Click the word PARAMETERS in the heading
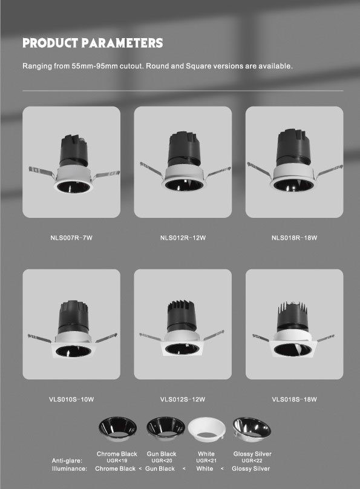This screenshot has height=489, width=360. tap(122, 43)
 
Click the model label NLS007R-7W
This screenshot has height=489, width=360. tap(71, 238)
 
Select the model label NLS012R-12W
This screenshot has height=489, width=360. tap(183, 238)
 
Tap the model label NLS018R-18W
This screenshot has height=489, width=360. tap(294, 238)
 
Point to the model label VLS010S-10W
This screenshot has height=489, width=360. tap(71, 399)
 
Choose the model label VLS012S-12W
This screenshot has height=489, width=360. tap(183, 399)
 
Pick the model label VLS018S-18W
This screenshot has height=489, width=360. tap(294, 399)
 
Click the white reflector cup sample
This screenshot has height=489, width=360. tap(207, 430)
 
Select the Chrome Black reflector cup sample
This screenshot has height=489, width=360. tap(117, 429)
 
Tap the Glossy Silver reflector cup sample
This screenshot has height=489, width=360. tap(252, 429)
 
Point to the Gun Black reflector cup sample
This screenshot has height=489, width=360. tap(166, 429)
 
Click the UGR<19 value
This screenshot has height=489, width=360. tap(117, 461)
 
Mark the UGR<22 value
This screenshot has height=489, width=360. tap(252, 461)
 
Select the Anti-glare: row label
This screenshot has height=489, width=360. tap(67, 461)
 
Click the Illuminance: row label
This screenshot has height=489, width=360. tap(70, 468)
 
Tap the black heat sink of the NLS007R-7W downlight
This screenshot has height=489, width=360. tap(74, 150)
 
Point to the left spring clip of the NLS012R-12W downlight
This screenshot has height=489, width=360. tap(151, 169)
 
